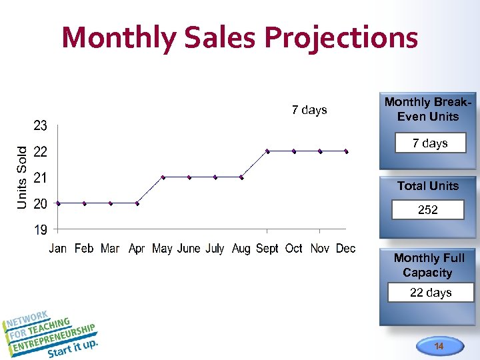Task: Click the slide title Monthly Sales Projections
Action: tap(240, 37)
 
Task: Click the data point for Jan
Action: tap(58, 203)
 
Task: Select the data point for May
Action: tap(163, 177)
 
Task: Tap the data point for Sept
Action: tap(267, 151)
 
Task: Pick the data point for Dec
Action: tap(347, 151)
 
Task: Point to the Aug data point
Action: tap(241, 177)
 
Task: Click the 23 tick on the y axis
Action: tap(41, 125)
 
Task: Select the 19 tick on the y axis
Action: tap(41, 230)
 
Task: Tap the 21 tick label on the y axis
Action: tap(41, 178)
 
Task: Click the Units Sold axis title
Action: tap(23, 177)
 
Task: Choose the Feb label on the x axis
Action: tap(84, 249)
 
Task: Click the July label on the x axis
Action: tap(215, 249)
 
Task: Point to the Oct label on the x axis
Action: tap(294, 249)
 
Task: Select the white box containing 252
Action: tap(428, 210)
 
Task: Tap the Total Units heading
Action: tap(428, 186)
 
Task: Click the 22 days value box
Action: tap(431, 293)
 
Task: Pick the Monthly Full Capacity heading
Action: tap(429, 265)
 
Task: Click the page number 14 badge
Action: tap(439, 346)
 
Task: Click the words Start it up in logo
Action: tap(73, 348)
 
